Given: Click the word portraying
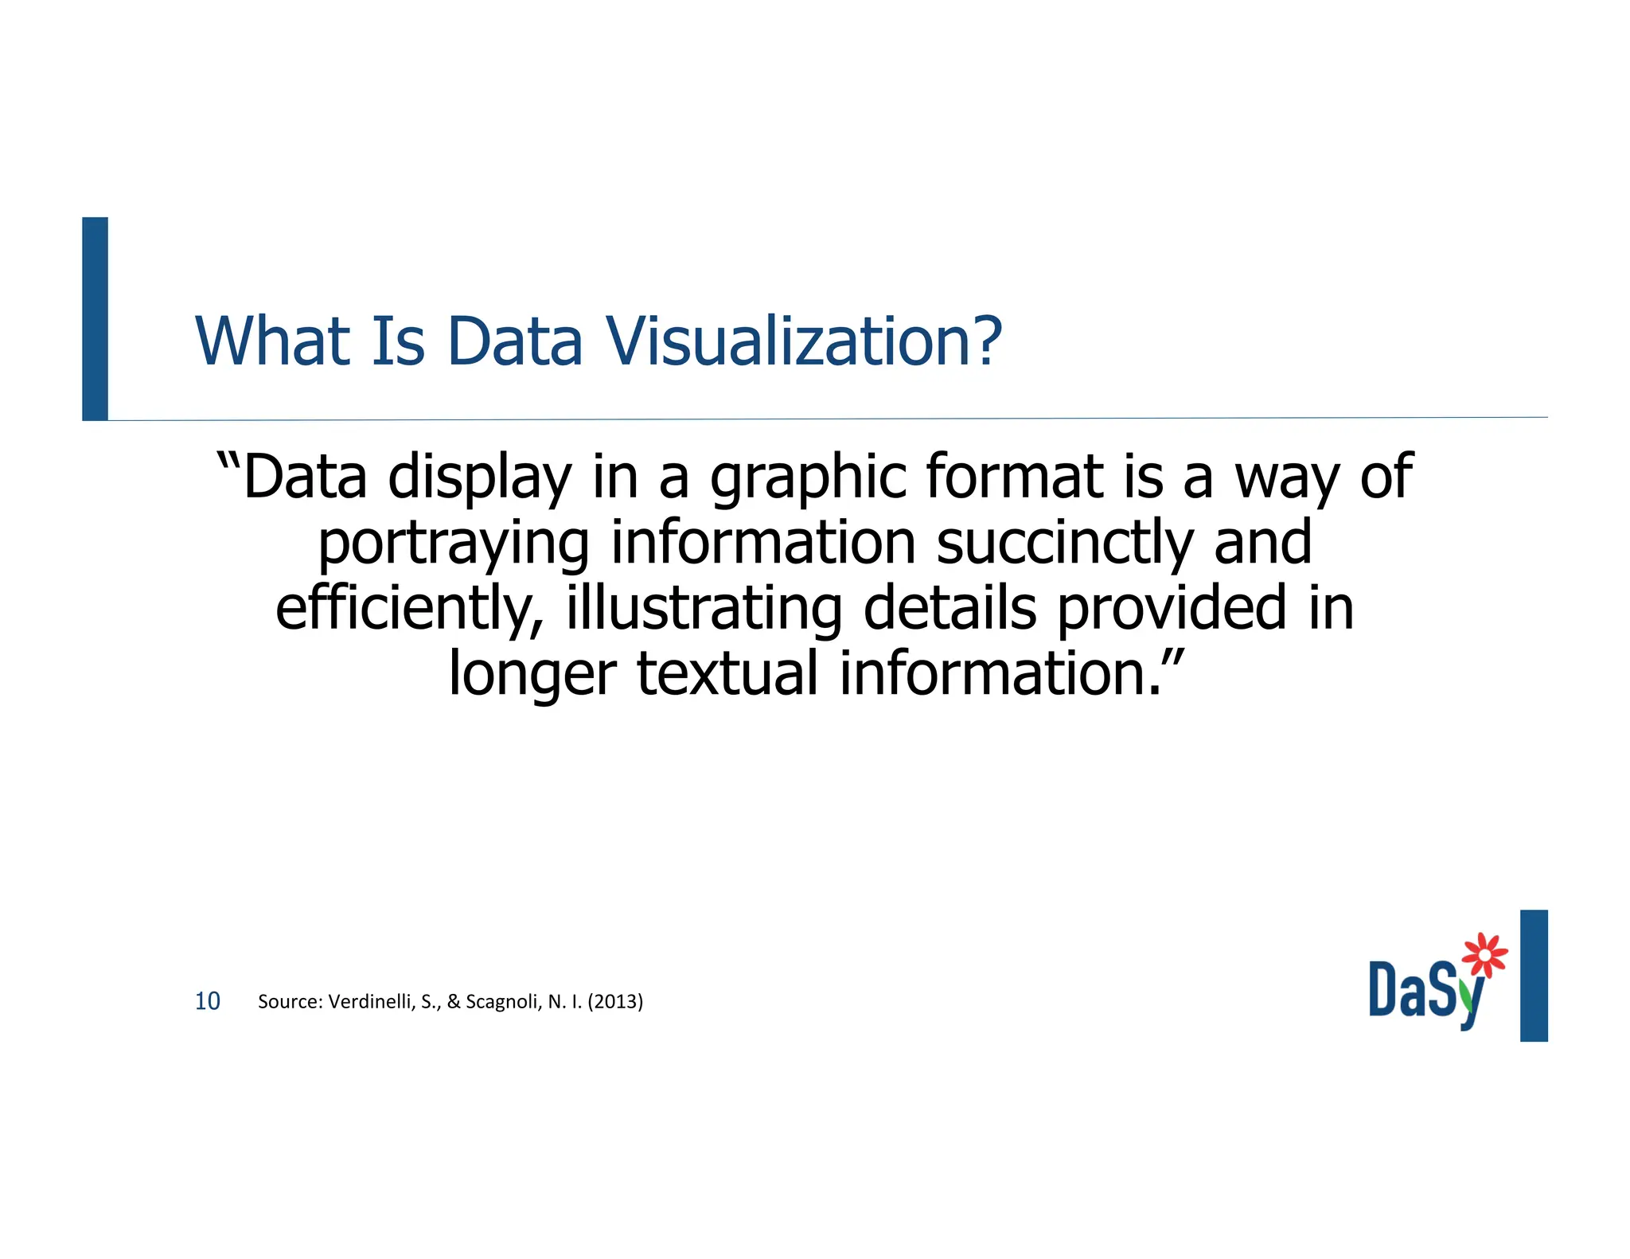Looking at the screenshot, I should click(454, 544).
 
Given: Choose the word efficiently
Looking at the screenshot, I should click(409, 610).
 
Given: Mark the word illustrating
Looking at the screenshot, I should click(704, 610).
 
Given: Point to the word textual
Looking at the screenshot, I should click(727, 673).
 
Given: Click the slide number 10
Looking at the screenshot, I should click(208, 1001).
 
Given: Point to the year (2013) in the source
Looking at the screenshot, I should click(615, 1001).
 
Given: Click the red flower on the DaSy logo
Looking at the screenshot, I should click(1485, 953).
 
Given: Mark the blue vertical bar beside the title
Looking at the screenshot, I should click(95, 318).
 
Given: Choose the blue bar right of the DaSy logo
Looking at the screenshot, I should click(1534, 975).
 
